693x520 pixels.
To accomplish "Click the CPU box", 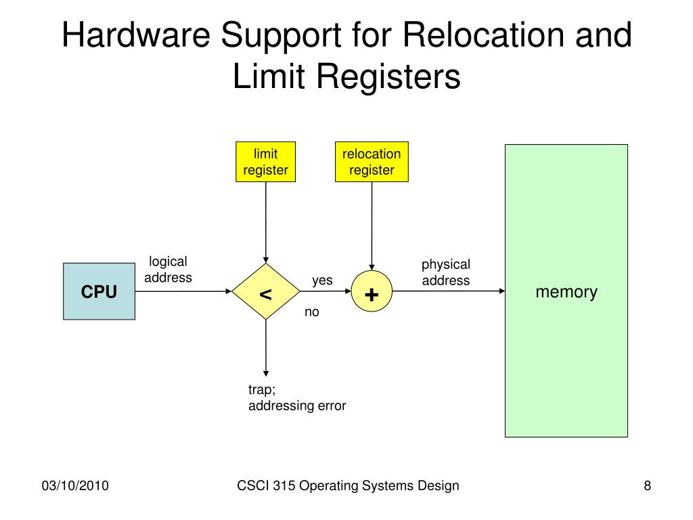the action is pyautogui.click(x=99, y=291).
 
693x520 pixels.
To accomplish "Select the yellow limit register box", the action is pyautogui.click(x=265, y=162).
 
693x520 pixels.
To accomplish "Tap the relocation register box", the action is pyautogui.click(x=372, y=162).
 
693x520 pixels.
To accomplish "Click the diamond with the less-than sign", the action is pyautogui.click(x=265, y=291).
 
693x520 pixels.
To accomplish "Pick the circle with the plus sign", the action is pyautogui.click(x=372, y=291).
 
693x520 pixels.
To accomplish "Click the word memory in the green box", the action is pyautogui.click(x=566, y=292).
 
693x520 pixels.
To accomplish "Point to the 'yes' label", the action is pyautogui.click(x=322, y=281).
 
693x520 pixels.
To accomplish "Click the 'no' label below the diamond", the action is pyautogui.click(x=311, y=312).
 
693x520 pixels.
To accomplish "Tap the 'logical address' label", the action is pyautogui.click(x=168, y=269).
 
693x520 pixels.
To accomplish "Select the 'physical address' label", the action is pyautogui.click(x=446, y=272).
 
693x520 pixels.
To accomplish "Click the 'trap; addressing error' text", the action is pyautogui.click(x=297, y=397).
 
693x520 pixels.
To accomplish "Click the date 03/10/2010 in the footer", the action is pyautogui.click(x=75, y=485).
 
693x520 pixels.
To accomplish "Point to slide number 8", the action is pyautogui.click(x=648, y=485).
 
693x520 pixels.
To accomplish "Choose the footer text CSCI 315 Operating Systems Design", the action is pyautogui.click(x=348, y=485).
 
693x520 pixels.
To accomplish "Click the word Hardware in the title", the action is pyautogui.click(x=135, y=35).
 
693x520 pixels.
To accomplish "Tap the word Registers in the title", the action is pyautogui.click(x=388, y=76).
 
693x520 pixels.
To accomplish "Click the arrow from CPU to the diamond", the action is pyautogui.click(x=183, y=291).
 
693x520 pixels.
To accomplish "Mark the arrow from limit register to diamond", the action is pyautogui.click(x=265, y=222).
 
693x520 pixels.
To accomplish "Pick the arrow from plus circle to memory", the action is pyautogui.click(x=449, y=291).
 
